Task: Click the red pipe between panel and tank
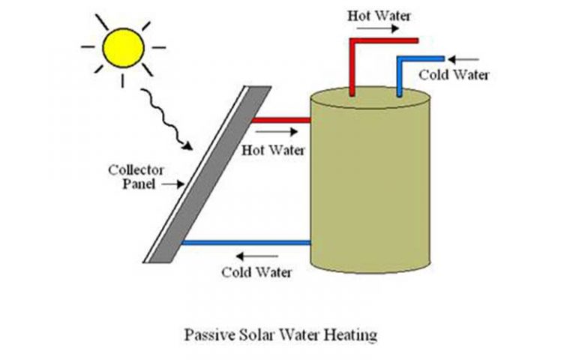click(280, 119)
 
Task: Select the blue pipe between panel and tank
click(246, 242)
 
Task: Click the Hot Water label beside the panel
click(274, 149)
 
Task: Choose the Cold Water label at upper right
click(454, 74)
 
